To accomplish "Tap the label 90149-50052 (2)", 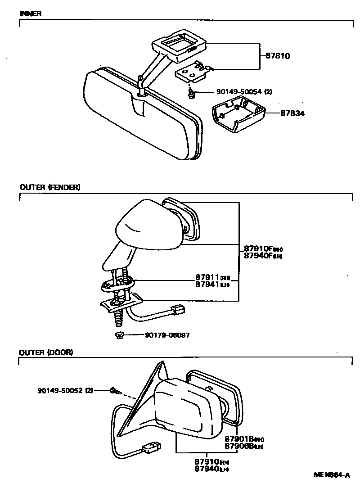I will [65, 390].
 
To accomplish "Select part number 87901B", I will [239, 439].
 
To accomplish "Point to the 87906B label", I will [239, 446].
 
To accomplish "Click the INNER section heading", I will [31, 14].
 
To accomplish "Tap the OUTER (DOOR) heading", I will [46, 352].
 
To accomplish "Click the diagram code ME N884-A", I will [332, 475].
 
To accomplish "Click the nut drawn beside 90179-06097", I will [119, 335].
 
